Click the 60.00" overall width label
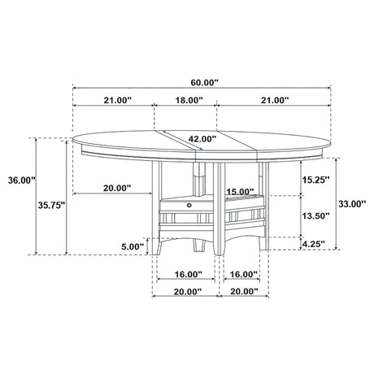204,82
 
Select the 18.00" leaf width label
189,100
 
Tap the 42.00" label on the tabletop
202,139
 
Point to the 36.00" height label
22,180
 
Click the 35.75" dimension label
51,205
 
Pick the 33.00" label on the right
352,203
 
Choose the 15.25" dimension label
316,180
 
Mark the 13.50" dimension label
316,215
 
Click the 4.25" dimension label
313,244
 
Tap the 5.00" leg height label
133,246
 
